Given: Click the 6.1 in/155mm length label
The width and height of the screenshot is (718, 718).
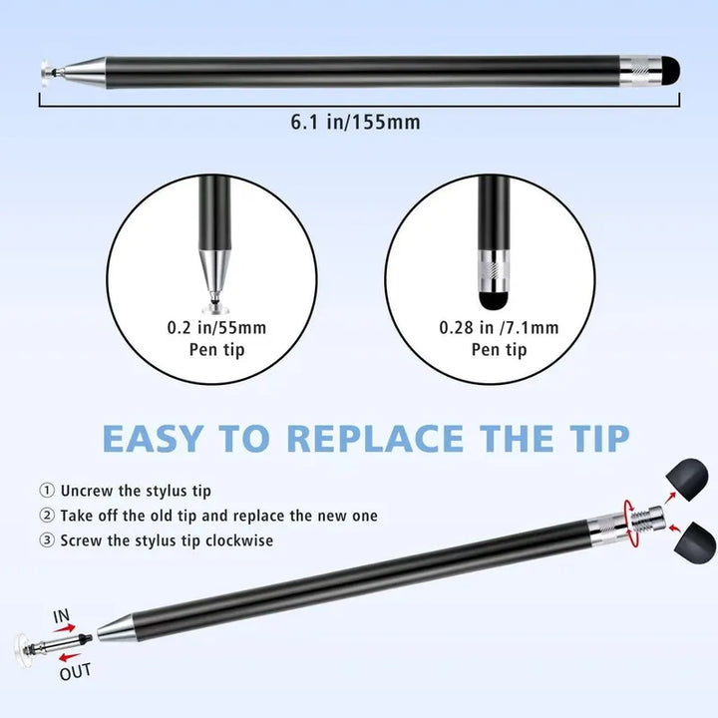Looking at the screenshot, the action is (x=355, y=123).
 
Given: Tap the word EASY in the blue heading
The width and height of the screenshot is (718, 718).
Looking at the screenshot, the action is (x=153, y=438).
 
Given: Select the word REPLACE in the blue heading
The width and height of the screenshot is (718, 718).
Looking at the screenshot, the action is (x=375, y=438).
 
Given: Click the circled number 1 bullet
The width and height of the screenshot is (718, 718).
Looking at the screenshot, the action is (x=46, y=491).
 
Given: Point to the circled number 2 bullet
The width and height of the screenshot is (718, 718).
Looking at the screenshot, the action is (x=46, y=516).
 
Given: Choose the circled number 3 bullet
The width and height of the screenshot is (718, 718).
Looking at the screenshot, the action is (x=46, y=540).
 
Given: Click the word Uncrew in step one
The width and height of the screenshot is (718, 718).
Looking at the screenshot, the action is (x=87, y=491).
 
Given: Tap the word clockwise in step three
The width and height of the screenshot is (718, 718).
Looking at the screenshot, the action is (x=239, y=540).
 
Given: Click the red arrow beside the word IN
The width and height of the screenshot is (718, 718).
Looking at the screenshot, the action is (x=64, y=628).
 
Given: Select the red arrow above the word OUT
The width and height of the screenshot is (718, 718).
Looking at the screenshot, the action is (x=70, y=658).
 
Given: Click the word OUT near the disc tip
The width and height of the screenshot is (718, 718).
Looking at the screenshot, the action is (x=76, y=672).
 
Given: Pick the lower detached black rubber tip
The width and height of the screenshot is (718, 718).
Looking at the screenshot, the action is (x=695, y=542).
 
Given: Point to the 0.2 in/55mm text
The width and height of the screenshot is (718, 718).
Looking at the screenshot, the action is (x=216, y=328).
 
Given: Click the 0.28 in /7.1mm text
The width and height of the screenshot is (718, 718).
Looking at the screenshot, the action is (x=500, y=328).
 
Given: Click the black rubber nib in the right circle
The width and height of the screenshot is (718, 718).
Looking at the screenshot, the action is (x=494, y=300).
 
